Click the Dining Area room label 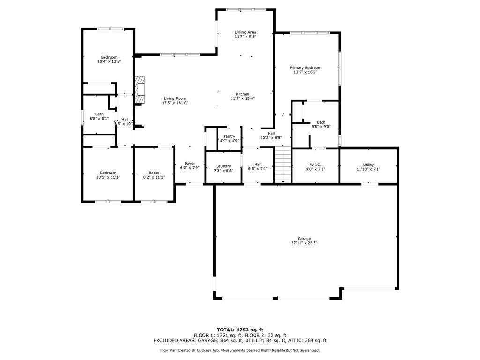[245, 32]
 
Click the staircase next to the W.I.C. [283, 165]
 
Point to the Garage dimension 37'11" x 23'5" [304, 243]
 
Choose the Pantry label [229, 136]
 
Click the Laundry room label [223, 166]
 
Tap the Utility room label [368, 165]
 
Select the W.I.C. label [315, 165]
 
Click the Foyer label [190, 164]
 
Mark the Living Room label [174, 98]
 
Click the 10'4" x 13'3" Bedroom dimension [109, 62]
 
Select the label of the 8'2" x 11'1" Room [154, 173]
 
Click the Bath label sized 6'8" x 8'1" [99, 114]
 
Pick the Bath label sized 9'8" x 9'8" [321, 122]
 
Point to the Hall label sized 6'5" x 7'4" [257, 164]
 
